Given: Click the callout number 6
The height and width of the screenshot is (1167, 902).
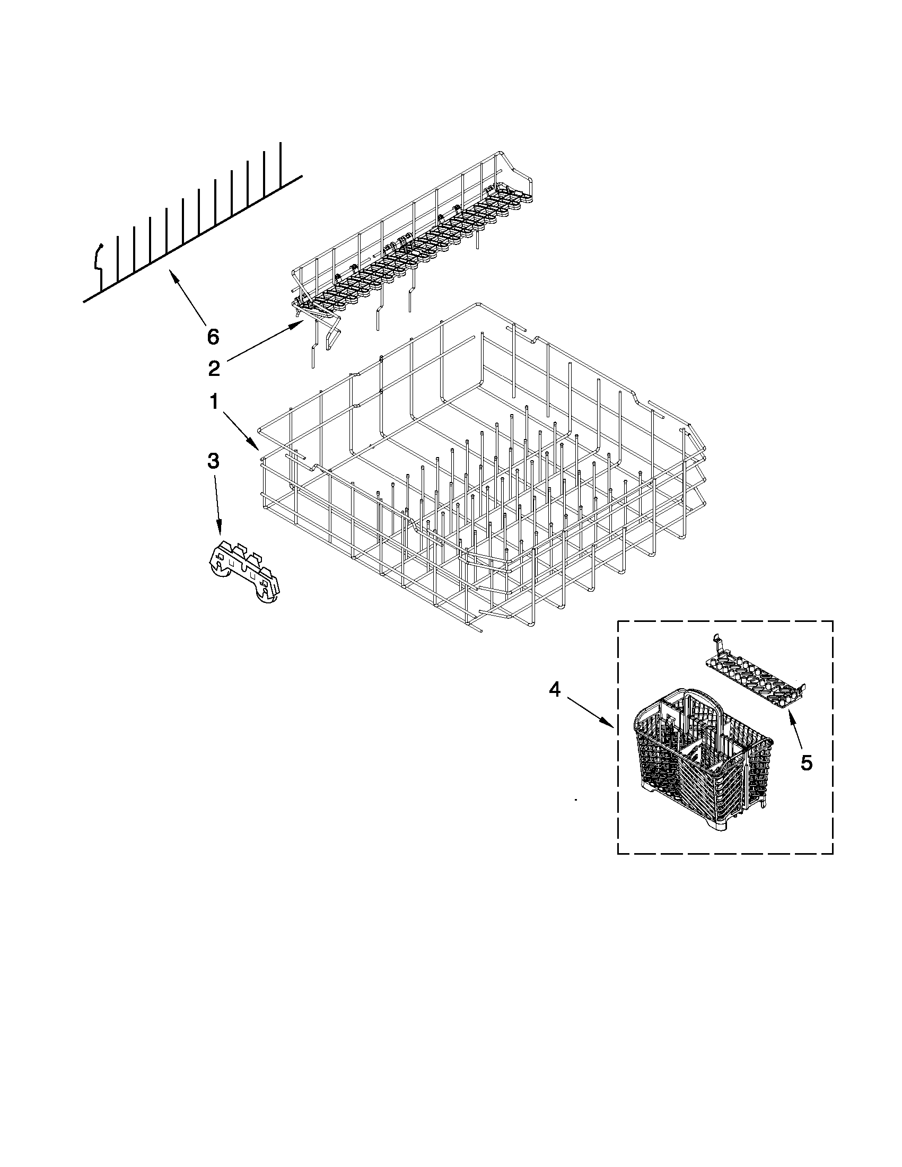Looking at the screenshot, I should point(213,337).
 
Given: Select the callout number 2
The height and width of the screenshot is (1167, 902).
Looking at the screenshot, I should point(214,368).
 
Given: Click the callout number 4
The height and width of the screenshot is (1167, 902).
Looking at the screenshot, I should point(555,690).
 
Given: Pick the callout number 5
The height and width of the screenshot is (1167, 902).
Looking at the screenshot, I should point(807,763).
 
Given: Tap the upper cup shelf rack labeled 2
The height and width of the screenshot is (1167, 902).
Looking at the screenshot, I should point(411,241).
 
